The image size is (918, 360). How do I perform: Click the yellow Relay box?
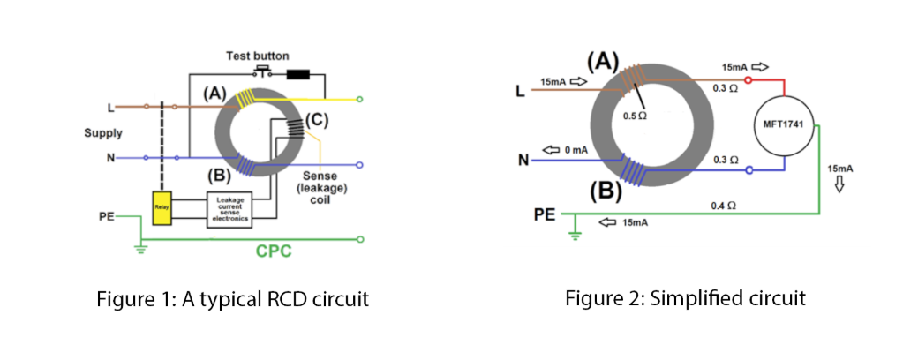coord(162,207)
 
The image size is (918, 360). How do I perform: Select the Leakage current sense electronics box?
coord(229,209)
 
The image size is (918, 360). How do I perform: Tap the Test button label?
coord(258,56)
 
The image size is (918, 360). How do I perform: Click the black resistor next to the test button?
coord(297,73)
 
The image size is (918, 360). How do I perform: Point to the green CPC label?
coord(274,251)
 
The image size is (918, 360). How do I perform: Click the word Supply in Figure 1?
coord(103,134)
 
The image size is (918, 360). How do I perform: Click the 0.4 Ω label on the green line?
coord(724,205)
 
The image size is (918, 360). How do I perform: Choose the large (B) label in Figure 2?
coord(606,189)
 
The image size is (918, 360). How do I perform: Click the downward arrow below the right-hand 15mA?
coord(839,184)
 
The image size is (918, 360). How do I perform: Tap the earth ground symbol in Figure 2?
coord(575,234)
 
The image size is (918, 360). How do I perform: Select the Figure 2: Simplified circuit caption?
coord(685,298)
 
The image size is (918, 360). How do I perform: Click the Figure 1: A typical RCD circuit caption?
coord(232,299)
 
